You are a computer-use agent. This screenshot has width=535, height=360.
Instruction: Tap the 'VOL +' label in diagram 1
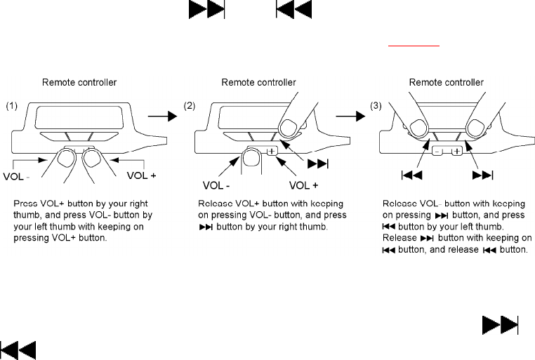[141, 172]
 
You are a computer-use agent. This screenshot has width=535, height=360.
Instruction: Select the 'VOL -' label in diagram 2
[218, 187]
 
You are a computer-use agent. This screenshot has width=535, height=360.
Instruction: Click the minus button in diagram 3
[437, 151]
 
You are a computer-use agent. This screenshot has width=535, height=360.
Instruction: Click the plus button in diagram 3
[456, 151]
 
